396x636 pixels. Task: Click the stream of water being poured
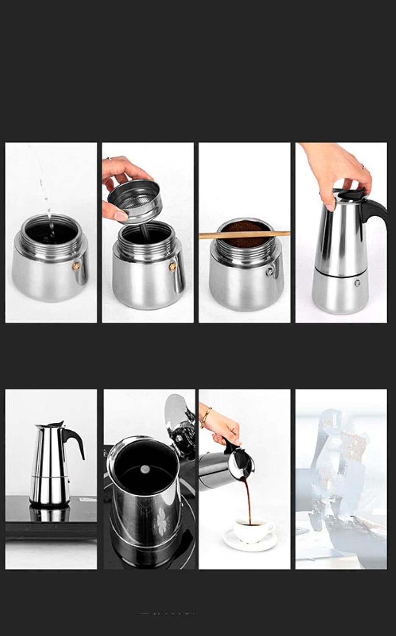(46, 195)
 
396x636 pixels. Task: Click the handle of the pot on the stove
(75, 441)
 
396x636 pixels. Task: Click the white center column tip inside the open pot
(145, 469)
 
